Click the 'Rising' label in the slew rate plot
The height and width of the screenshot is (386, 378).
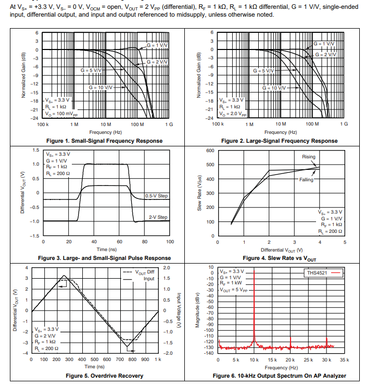[x=308, y=157]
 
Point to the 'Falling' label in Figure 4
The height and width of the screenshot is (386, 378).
[x=307, y=179]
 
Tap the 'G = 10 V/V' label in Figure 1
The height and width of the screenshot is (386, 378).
[x=100, y=87]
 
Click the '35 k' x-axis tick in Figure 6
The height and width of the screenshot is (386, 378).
[x=345, y=360]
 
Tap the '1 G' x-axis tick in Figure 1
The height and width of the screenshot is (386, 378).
[x=168, y=124]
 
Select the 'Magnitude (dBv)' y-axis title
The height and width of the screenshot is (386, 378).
[x=198, y=311]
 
